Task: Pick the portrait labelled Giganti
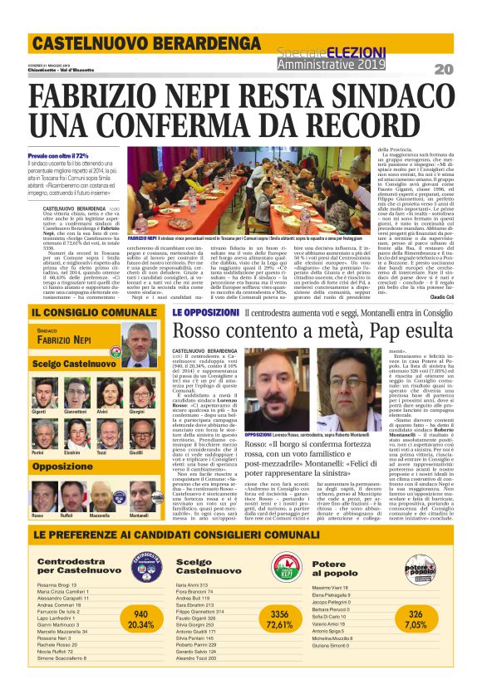click(39, 393)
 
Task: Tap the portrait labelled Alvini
click(102, 393)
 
